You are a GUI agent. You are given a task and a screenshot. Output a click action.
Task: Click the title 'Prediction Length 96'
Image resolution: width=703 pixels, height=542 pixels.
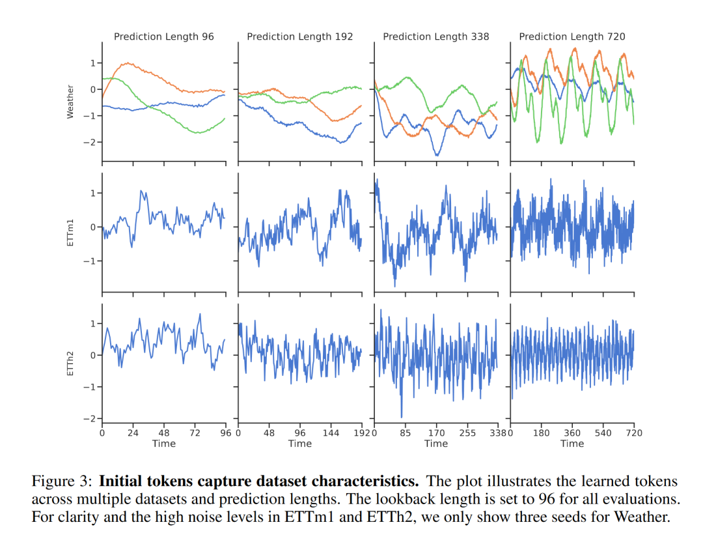[163, 36]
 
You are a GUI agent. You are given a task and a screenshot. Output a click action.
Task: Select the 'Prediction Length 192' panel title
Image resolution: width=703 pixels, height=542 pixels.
[300, 36]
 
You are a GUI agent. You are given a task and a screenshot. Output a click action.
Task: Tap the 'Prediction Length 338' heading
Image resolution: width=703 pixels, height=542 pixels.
[436, 36]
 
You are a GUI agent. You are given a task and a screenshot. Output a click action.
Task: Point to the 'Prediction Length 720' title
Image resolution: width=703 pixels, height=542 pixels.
[572, 36]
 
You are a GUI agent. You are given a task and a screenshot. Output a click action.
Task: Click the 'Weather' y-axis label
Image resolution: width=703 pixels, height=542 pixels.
[70, 102]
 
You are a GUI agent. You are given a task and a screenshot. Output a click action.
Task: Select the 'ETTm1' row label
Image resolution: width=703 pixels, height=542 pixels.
[70, 233]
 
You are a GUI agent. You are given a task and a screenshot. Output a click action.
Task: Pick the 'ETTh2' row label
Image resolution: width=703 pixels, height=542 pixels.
[70, 362]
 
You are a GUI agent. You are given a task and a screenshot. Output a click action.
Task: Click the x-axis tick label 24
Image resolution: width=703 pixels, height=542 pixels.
[133, 433]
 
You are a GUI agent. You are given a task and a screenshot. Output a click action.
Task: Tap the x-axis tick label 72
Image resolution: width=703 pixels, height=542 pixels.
[195, 433]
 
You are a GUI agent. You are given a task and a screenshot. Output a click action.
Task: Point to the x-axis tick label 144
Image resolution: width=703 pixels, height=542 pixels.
[331, 433]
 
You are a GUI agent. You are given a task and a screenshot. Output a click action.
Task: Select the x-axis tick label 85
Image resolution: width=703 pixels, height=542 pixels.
[405, 433]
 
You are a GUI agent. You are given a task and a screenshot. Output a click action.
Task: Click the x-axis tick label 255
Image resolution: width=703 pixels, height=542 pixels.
[467, 433]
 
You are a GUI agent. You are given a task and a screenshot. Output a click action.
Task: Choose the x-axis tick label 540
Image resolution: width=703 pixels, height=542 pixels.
[603, 433]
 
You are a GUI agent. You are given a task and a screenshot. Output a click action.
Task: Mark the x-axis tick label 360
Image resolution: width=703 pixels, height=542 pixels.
[572, 433]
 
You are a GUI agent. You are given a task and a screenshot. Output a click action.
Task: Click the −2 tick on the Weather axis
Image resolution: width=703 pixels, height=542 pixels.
[89, 142]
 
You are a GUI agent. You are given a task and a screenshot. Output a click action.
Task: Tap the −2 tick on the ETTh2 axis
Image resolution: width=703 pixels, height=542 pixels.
[89, 418]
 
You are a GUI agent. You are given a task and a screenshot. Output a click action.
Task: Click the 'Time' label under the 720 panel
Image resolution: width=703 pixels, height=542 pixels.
[572, 444]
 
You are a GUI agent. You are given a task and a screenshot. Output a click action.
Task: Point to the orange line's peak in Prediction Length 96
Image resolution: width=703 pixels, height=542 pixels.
[128, 63]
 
